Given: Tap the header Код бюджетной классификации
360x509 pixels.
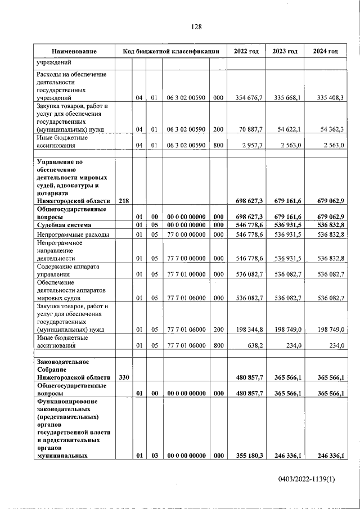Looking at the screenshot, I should pos(170,52).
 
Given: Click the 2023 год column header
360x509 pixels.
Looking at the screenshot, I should pos(285,52).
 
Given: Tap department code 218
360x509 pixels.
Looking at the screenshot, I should pos(124,200).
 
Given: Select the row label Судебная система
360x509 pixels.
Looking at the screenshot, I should pos(63,225).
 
